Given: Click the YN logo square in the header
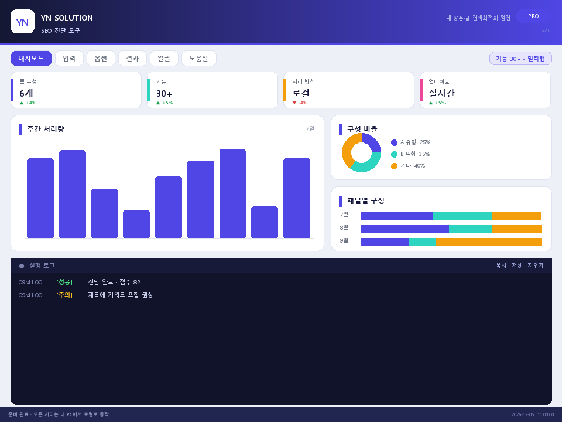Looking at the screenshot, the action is (x=23, y=22).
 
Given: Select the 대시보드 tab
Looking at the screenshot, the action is (x=31, y=58).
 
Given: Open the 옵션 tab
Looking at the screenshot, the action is (x=101, y=58).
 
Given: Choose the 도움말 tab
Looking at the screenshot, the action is (x=199, y=58).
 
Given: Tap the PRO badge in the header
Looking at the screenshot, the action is (x=533, y=16).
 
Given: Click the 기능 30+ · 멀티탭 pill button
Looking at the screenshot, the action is (x=520, y=59).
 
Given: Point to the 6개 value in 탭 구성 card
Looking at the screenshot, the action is (x=26, y=93).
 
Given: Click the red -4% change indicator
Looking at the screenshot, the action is (x=300, y=103).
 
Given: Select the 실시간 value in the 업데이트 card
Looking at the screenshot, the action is (x=441, y=93).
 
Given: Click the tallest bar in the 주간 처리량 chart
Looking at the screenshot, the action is (x=232, y=193).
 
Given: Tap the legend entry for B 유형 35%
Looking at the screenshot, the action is (x=410, y=154).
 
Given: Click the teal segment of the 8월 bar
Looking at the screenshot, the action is (x=471, y=229).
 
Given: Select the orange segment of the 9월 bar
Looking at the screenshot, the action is (x=488, y=241).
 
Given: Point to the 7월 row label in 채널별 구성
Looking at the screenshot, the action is (x=344, y=215).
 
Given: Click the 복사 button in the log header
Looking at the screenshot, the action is (x=501, y=265).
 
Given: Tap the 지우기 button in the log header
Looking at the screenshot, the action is (x=535, y=265).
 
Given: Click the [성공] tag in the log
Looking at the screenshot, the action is (x=64, y=282).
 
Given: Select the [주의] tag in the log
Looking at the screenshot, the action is (x=64, y=295).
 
